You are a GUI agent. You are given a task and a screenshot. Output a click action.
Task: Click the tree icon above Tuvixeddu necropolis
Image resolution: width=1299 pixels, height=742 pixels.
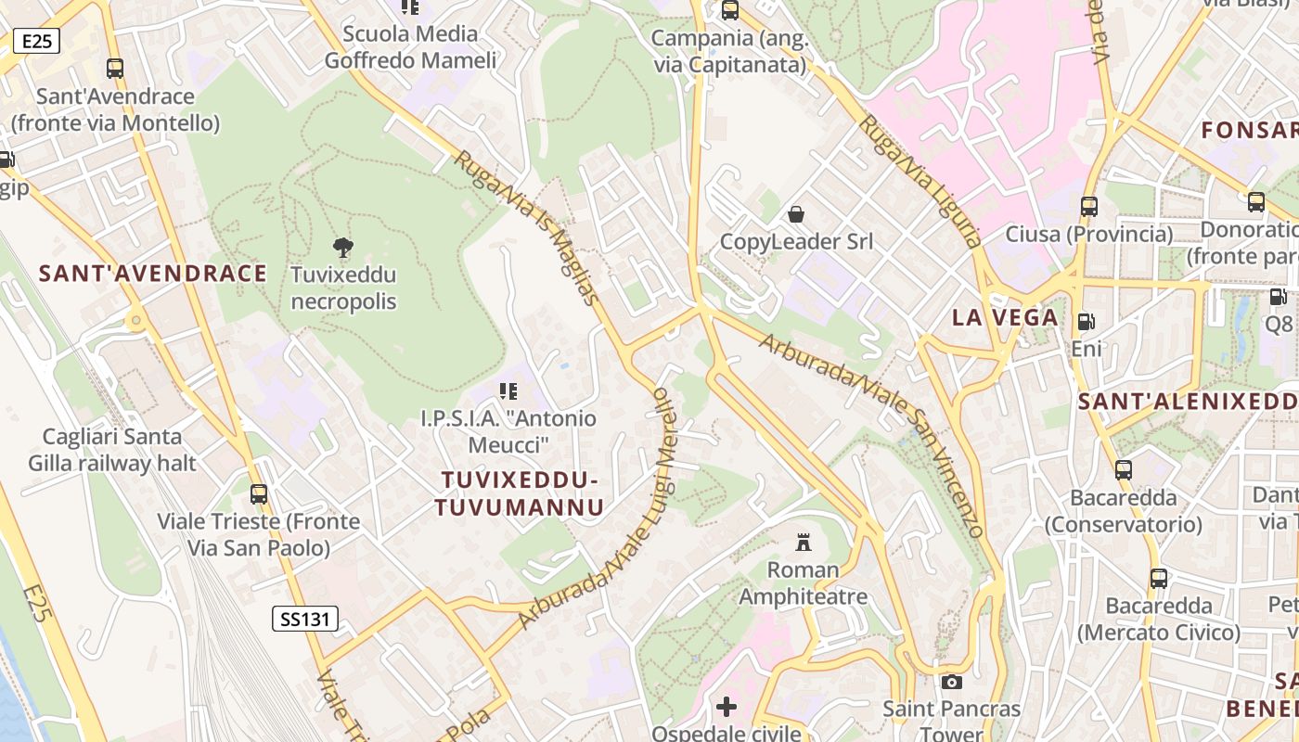click(x=343, y=247)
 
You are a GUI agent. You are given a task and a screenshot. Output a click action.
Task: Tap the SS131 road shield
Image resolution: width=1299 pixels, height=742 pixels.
click(x=305, y=619)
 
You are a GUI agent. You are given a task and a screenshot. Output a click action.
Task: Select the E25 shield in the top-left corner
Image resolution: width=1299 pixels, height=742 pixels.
click(x=37, y=41)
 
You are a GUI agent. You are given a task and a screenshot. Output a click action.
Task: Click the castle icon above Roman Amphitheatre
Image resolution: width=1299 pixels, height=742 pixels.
click(x=804, y=542)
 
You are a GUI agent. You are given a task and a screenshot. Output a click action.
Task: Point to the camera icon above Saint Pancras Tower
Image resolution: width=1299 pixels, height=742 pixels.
click(x=952, y=682)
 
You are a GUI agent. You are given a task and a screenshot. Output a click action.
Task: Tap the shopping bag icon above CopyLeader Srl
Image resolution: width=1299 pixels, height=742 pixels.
click(x=796, y=214)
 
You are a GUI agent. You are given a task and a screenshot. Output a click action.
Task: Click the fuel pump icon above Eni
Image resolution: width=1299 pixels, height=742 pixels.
click(x=1086, y=322)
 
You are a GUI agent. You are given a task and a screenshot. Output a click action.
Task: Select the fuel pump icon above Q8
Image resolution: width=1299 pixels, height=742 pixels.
click(x=1278, y=297)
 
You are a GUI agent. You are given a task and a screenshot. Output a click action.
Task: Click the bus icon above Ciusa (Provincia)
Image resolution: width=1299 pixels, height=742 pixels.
click(x=1089, y=206)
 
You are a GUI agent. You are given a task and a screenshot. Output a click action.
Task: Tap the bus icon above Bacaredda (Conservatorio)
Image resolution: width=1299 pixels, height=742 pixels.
click(x=1124, y=469)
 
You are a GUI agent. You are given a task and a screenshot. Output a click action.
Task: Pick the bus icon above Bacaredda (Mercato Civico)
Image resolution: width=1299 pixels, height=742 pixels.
click(x=1159, y=579)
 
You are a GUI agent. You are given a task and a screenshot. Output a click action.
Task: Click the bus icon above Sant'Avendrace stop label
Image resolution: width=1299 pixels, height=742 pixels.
click(x=115, y=68)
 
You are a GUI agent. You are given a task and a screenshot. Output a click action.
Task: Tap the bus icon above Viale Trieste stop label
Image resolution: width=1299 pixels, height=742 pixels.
click(x=259, y=493)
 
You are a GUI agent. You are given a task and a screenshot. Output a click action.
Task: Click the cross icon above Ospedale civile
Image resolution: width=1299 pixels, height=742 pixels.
click(x=727, y=707)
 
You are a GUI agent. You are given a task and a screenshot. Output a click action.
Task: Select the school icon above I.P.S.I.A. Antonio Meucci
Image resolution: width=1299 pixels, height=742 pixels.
click(x=508, y=391)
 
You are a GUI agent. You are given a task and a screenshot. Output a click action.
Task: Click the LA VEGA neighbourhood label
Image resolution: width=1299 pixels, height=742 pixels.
click(x=1005, y=317)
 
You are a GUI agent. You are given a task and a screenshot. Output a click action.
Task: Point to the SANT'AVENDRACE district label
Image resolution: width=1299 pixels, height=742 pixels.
click(x=153, y=273)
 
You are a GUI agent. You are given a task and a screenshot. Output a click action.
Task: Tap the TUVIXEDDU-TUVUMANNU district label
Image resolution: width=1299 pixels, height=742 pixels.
click(x=520, y=493)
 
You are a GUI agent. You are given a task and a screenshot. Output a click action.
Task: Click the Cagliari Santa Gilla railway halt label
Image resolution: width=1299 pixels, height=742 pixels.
click(x=112, y=449)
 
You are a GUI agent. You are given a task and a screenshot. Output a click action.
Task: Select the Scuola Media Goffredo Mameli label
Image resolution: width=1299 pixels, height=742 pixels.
click(x=410, y=47)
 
